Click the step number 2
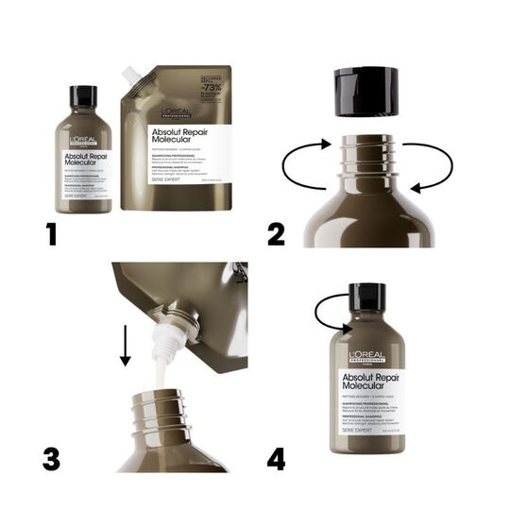pyautogui.click(x=275, y=231)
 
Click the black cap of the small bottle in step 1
pyautogui.click(x=83, y=96)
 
